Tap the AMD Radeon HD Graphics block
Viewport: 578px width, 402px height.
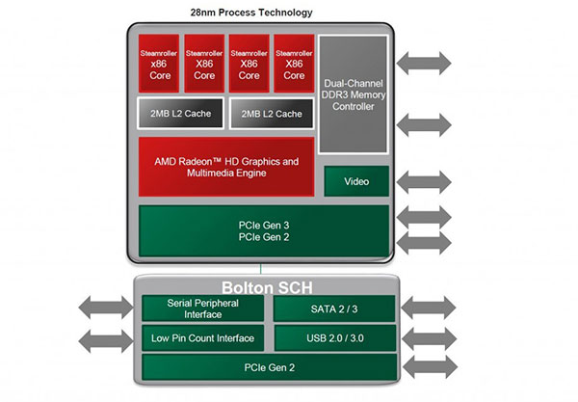pyautogui.click(x=226, y=167)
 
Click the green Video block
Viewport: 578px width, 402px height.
pyautogui.click(x=356, y=180)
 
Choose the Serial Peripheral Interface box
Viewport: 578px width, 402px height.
pyautogui.click(x=202, y=308)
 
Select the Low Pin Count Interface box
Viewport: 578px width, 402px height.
pyautogui.click(x=202, y=338)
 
